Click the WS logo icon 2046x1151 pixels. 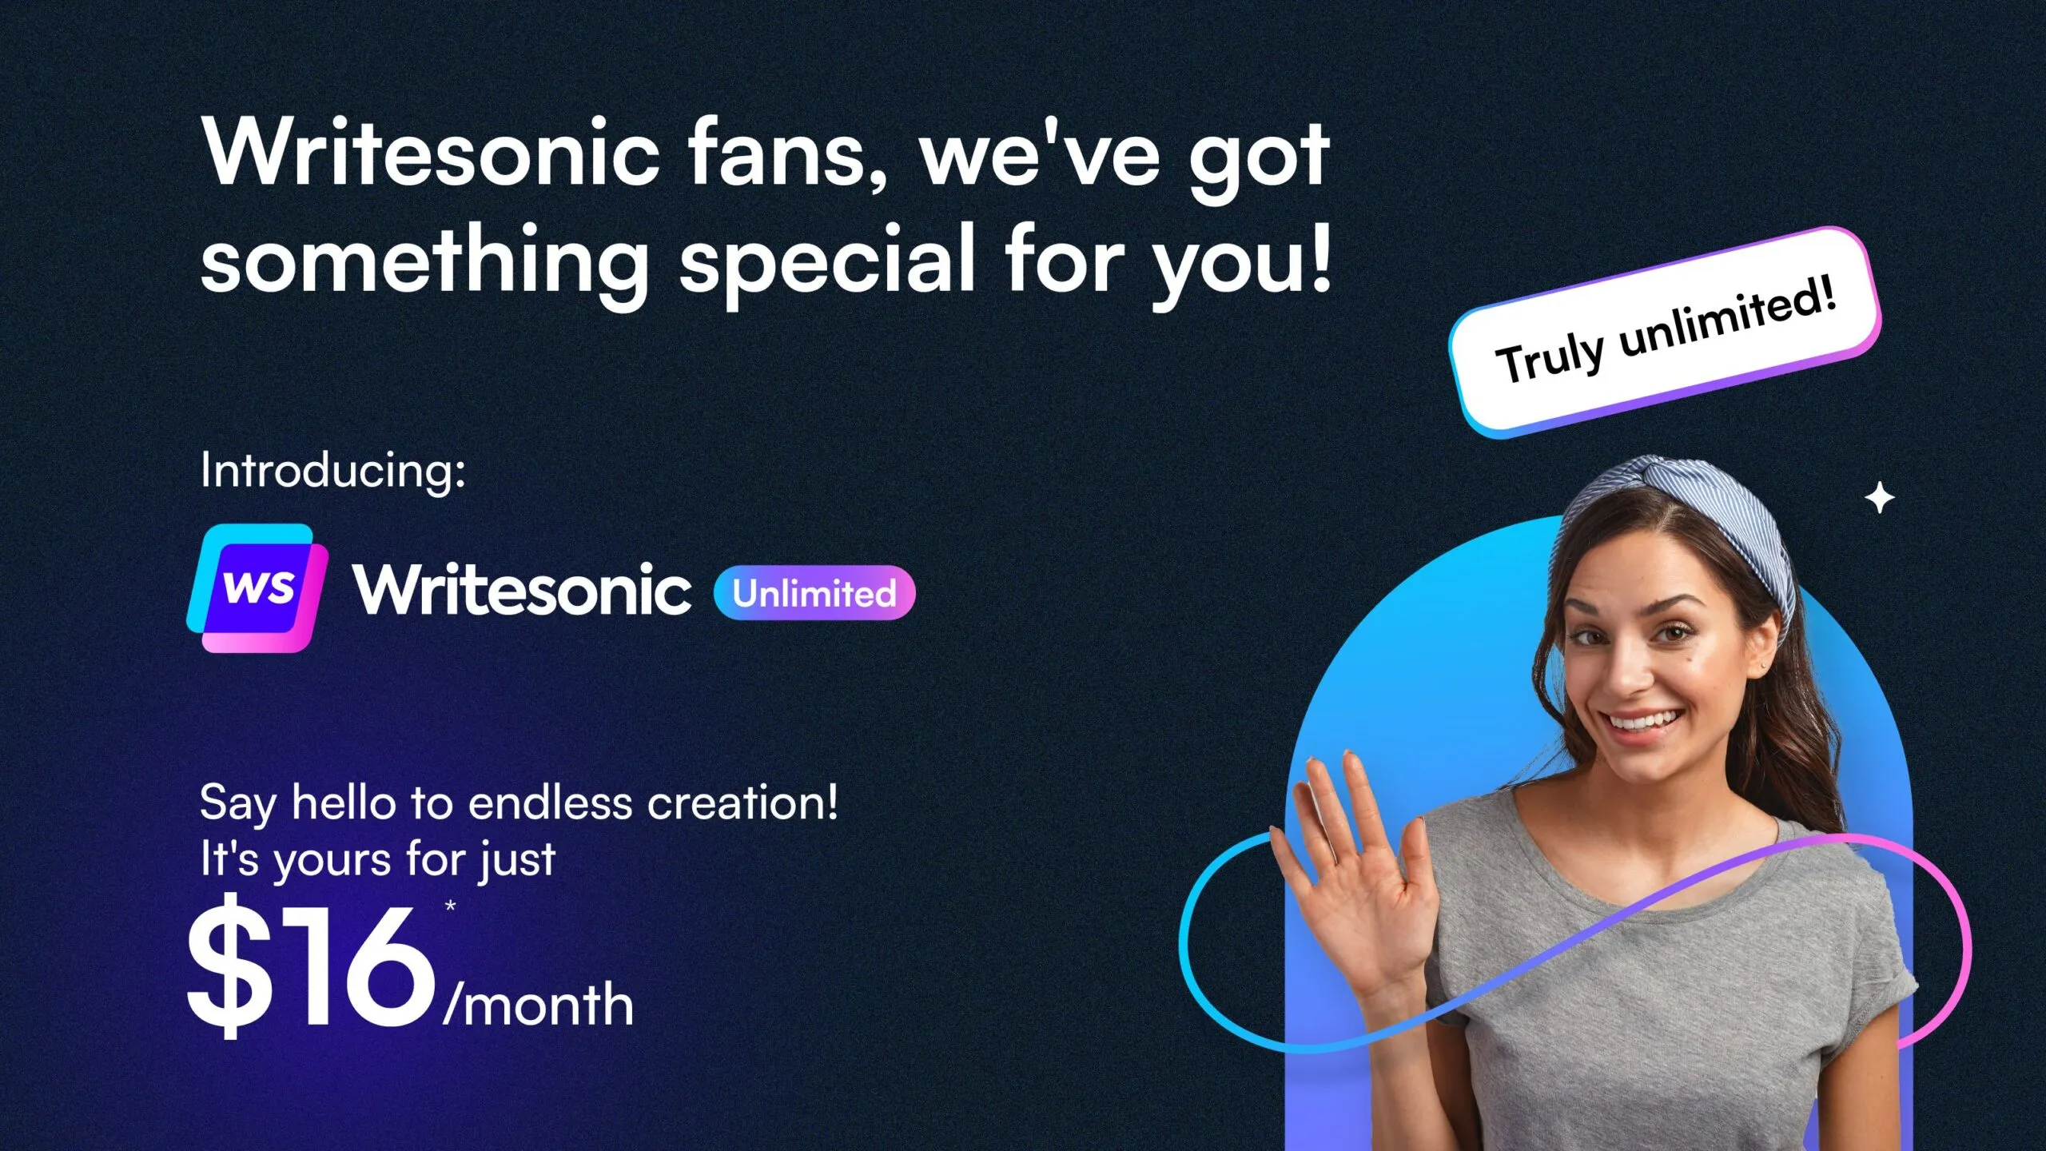coord(257,588)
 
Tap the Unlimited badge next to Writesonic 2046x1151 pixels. coord(814,593)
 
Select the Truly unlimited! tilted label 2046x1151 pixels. coord(1665,332)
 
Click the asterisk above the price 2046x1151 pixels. coord(451,906)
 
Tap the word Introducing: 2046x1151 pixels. coord(332,470)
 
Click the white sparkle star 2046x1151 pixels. coord(1879,499)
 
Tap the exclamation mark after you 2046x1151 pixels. coord(1320,256)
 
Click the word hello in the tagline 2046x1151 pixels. coord(344,803)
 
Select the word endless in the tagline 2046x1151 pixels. coord(550,803)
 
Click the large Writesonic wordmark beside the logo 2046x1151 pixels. coord(523,590)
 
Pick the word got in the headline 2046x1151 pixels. coord(1259,160)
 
